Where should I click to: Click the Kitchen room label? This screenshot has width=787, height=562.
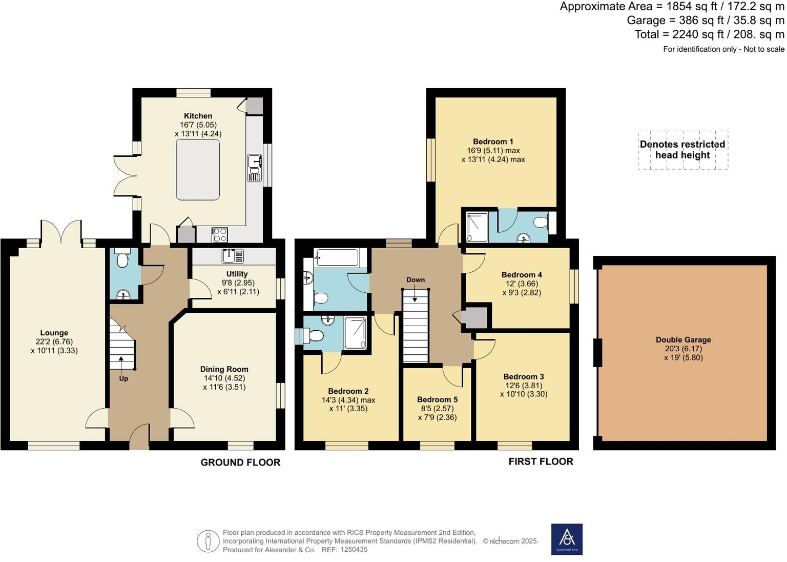[x=198, y=116]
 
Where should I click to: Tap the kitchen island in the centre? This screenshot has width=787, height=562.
[x=198, y=170]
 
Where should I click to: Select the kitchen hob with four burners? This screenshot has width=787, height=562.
[x=220, y=235]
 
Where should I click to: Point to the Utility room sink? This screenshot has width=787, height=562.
[x=233, y=256]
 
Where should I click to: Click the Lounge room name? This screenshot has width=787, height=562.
[x=54, y=333]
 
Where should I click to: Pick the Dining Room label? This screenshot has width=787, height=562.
[x=224, y=369]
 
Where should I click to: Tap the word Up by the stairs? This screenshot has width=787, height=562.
[x=123, y=378]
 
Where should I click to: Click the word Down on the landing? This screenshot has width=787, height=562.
[x=416, y=279]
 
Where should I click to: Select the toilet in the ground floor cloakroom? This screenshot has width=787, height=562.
[x=122, y=258]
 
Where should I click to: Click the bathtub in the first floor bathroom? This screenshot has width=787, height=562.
[x=337, y=257]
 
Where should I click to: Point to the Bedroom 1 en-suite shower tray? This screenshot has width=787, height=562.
[x=477, y=227]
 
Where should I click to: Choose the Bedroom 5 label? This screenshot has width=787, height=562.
[x=438, y=399]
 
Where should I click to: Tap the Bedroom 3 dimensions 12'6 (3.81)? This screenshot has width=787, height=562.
[x=524, y=386]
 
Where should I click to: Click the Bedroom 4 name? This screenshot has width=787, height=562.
[x=522, y=275]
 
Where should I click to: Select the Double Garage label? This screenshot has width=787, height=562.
[x=684, y=340]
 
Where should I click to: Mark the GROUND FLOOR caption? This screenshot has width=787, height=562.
[x=240, y=462]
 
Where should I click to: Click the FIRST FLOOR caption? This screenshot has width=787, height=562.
[x=541, y=461]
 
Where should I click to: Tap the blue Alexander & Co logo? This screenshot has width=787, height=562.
[x=567, y=539]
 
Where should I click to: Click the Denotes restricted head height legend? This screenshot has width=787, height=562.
[x=682, y=149]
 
